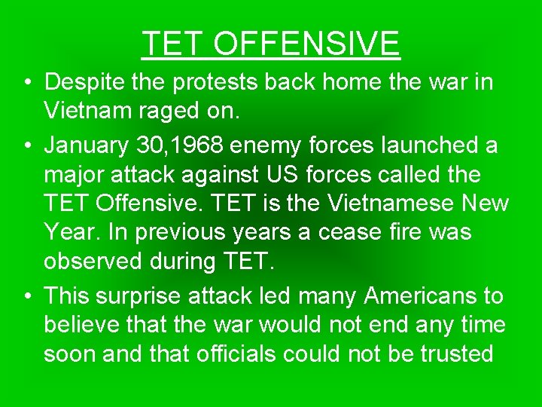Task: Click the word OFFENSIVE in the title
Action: [306, 44]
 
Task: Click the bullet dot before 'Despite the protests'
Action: [26, 83]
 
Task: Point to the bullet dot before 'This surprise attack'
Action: [26, 297]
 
